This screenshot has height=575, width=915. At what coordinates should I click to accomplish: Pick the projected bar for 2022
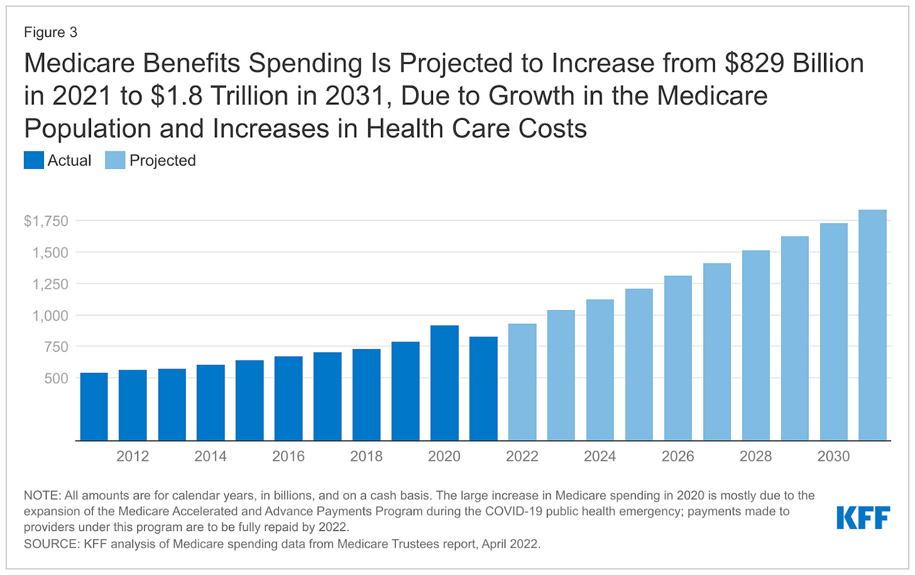pos(522,382)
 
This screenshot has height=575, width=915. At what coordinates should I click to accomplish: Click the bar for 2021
pos(483,389)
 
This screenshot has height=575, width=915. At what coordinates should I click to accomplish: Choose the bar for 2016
pos(288,399)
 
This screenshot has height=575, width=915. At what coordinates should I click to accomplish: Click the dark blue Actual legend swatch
pos(34,161)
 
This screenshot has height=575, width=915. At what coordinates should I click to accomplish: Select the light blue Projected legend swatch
pos(115,161)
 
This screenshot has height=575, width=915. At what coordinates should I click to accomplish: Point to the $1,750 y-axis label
pos(46,221)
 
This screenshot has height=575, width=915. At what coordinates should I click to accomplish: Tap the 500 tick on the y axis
pos(55,379)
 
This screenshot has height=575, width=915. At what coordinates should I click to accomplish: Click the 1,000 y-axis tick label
pos(50,316)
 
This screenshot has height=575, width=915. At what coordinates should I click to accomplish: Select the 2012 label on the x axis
pos(133,456)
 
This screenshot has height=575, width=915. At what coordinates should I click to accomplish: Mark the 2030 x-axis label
pos(833,456)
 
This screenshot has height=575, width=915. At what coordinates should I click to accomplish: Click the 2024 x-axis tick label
pos(600,456)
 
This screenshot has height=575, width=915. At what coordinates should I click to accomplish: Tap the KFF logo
pos(863,518)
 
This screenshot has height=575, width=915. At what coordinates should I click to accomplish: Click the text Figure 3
pos(50,32)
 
